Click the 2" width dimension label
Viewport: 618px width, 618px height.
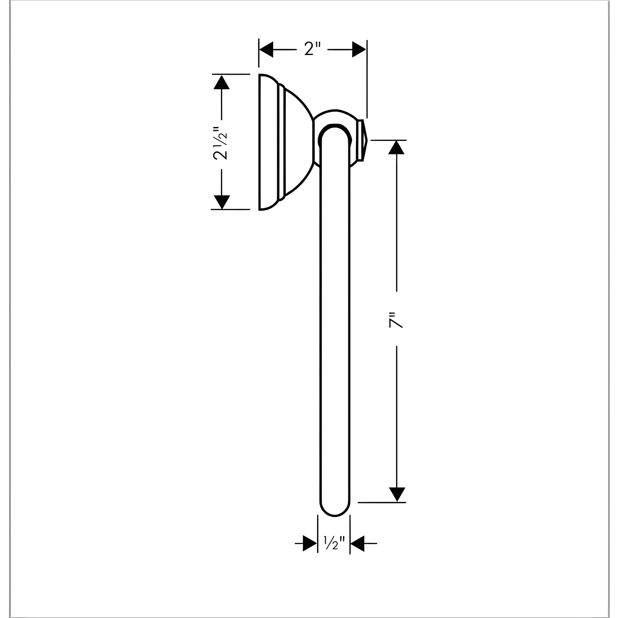pos(312,49)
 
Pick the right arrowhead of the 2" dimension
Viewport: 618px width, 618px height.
pos(359,49)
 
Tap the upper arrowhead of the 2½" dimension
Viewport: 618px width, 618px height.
pos(221,83)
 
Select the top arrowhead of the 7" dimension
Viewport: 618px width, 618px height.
pos(396,147)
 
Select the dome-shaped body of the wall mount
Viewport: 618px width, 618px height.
pos(298,142)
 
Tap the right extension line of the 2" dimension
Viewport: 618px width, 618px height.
pos(367,80)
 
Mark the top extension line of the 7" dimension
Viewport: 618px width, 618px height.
pos(388,140)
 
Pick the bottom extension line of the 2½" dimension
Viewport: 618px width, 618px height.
pos(230,210)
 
